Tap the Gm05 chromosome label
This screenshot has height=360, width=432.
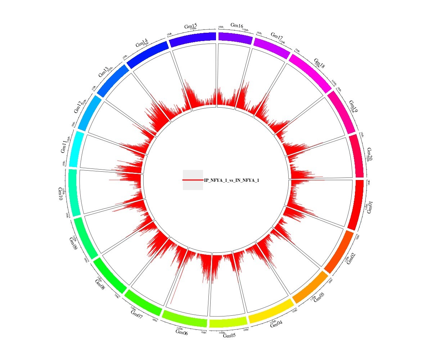click(x=229, y=336)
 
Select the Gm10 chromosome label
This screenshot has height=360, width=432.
click(x=60, y=194)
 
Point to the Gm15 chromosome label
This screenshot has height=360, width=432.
click(x=190, y=26)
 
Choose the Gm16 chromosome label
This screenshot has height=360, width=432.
click(x=237, y=25)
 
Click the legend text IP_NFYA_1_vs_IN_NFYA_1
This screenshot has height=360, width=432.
click(x=231, y=180)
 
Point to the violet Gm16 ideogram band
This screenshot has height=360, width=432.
click(x=235, y=38)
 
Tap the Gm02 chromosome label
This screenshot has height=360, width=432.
click(x=351, y=258)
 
